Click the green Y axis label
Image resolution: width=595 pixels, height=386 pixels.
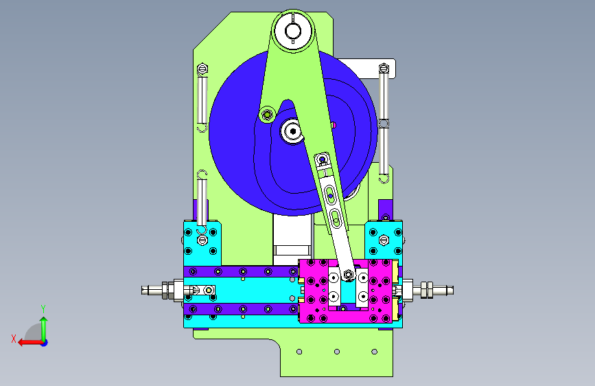point(43,309)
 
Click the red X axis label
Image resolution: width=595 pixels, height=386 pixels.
point(14,339)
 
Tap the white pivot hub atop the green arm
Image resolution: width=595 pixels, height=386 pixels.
point(293,31)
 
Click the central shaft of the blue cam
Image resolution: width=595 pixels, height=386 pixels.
point(292,131)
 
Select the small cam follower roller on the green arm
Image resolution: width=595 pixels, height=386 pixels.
point(267,114)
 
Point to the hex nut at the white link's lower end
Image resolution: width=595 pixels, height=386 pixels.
point(349,274)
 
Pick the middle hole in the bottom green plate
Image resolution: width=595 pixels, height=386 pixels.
point(336,352)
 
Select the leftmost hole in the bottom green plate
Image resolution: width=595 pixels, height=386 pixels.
point(299,352)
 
